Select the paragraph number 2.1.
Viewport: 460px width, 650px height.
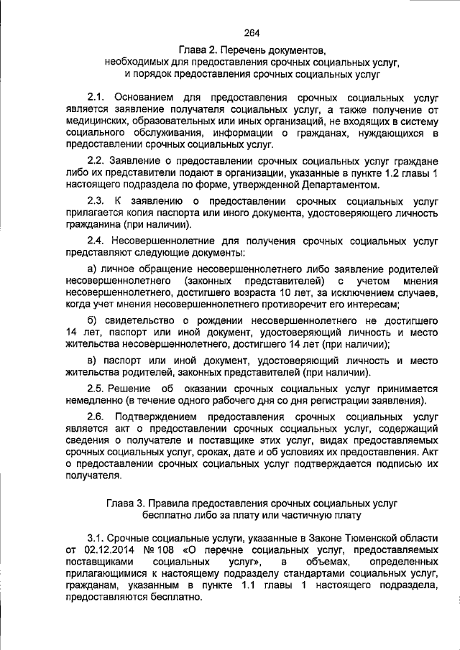[x=96, y=96]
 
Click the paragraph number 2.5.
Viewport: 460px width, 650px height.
[x=96, y=389]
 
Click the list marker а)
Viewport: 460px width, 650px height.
[x=92, y=269]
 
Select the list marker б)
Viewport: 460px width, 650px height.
[x=92, y=320]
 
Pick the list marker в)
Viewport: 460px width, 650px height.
[x=92, y=359]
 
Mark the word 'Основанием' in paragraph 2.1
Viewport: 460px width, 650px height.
[x=150, y=96]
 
